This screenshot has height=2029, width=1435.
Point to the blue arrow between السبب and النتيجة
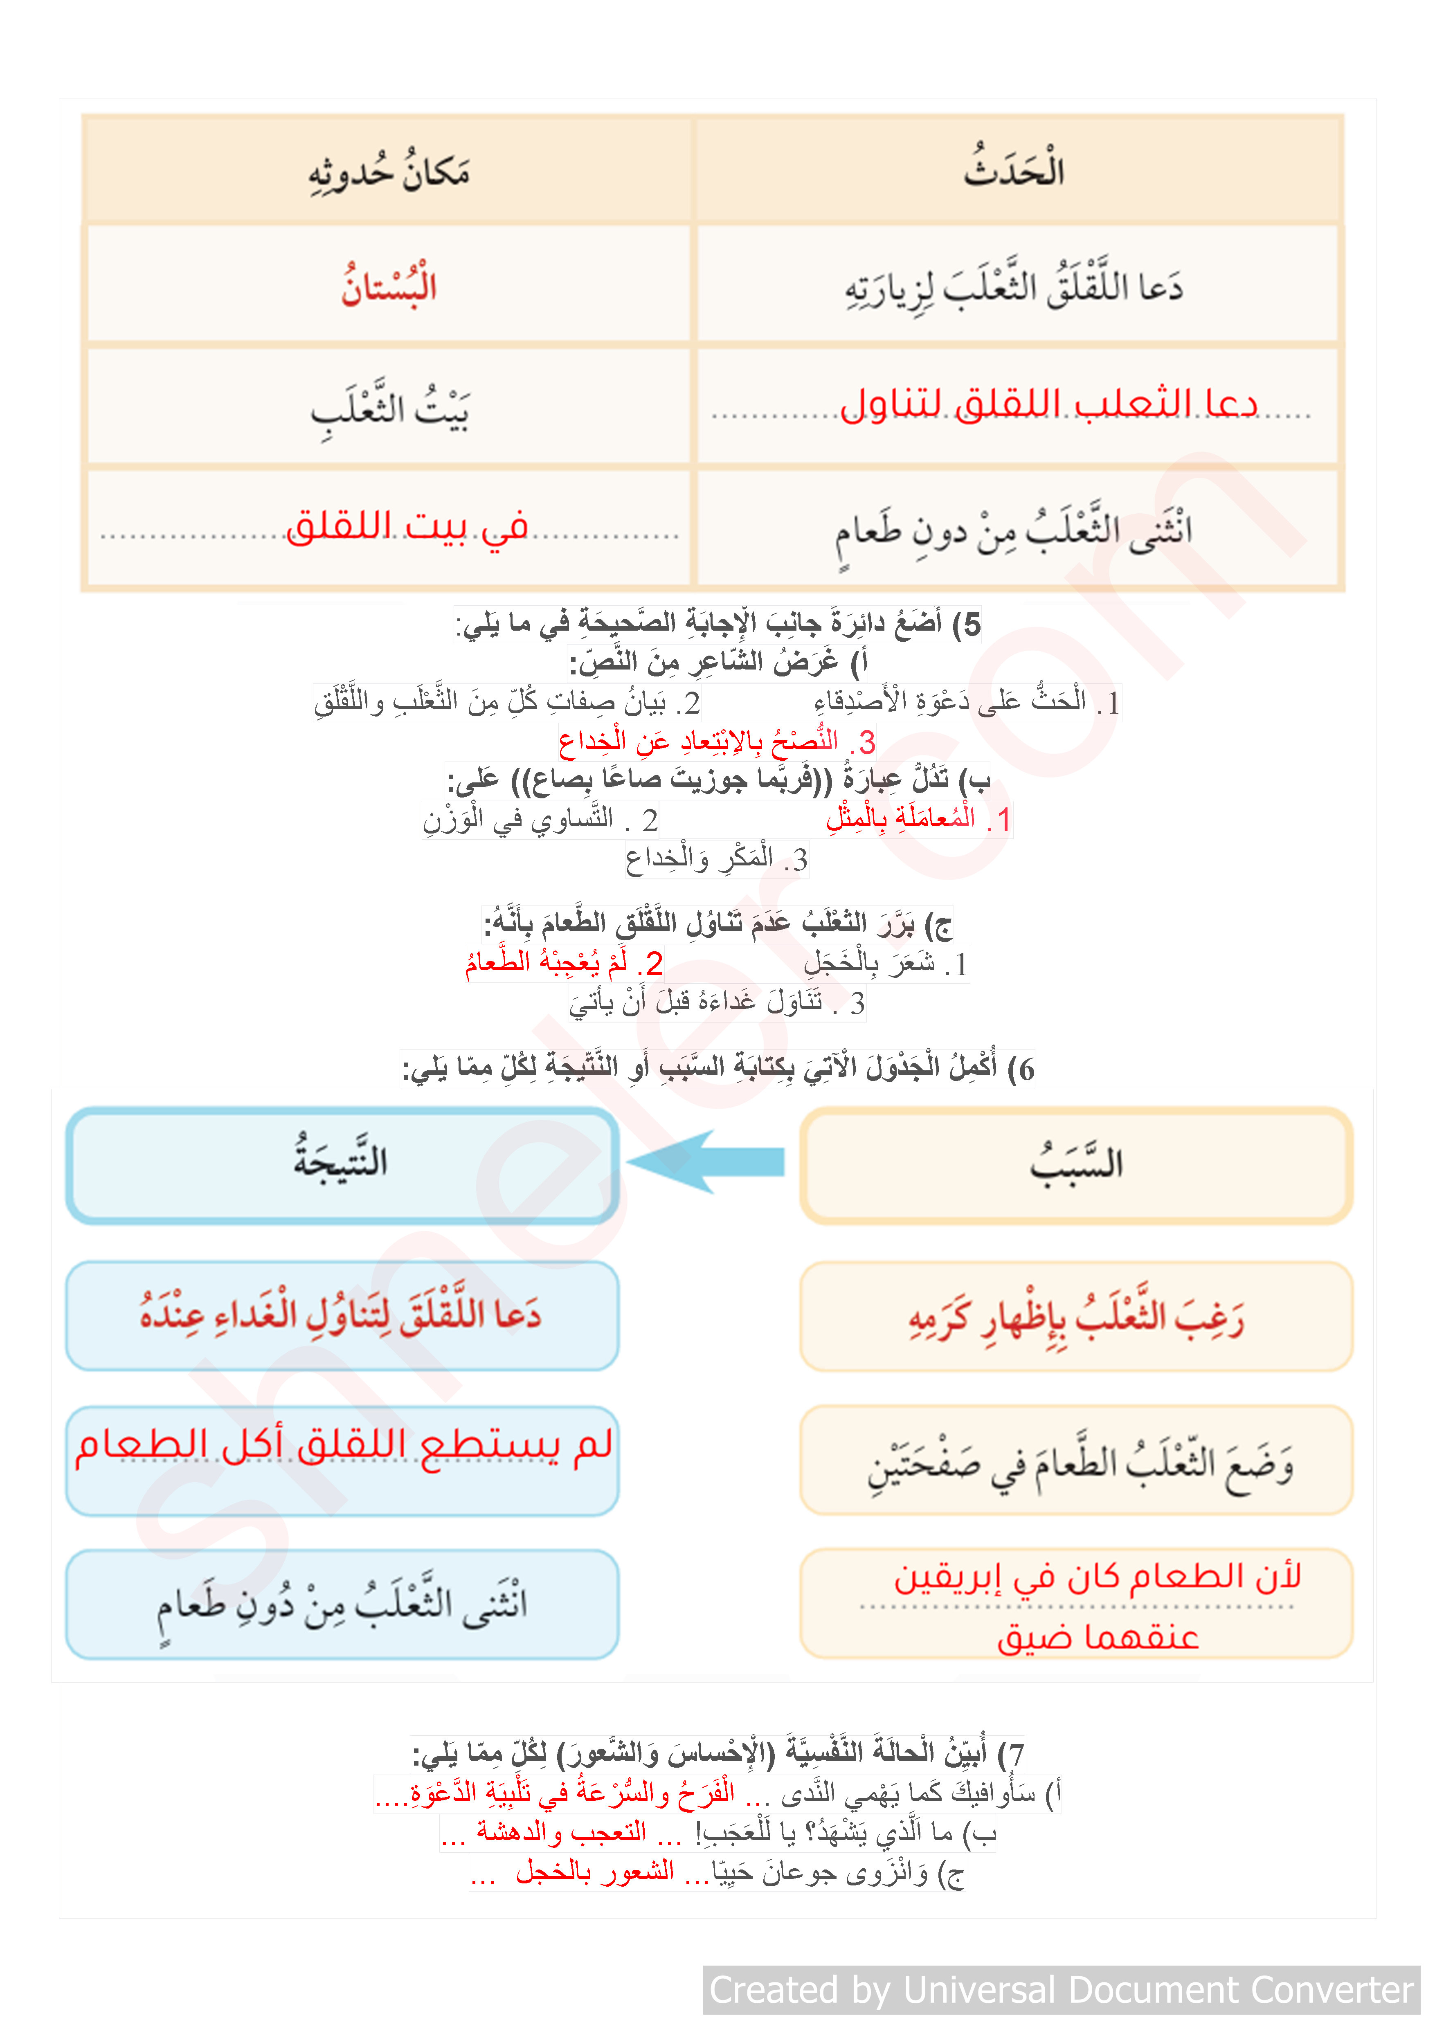pyautogui.click(x=707, y=1161)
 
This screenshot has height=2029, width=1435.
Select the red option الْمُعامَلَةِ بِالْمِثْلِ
pyautogui.click(x=917, y=818)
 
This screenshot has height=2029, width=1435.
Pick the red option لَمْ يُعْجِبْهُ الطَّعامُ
pyautogui.click(x=564, y=962)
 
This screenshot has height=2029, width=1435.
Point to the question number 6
pyautogui.click(x=1025, y=1069)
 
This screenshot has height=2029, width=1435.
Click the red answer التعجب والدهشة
pyautogui.click(x=561, y=1832)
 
